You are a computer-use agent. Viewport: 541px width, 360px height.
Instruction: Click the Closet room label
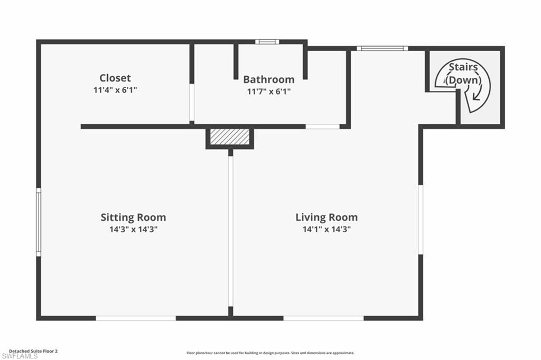[x=115, y=78]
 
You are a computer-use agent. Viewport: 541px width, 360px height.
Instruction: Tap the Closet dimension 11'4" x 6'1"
[x=115, y=90]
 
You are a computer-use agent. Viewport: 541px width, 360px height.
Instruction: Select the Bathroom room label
[x=268, y=80]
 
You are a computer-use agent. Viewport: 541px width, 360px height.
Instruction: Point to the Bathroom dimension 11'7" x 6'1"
[x=268, y=91]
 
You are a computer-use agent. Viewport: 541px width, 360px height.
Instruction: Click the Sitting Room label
[x=133, y=217]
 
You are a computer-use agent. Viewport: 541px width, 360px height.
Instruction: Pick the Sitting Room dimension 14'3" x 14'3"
[x=133, y=229]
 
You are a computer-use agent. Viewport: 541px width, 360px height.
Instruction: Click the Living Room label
[x=326, y=217]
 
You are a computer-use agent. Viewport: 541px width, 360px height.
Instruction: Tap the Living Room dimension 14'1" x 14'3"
[x=326, y=229]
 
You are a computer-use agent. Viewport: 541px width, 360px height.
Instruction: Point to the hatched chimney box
[x=229, y=136]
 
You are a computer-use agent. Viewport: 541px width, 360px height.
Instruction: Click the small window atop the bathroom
[x=266, y=42]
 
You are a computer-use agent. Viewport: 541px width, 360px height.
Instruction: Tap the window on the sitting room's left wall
[x=39, y=223]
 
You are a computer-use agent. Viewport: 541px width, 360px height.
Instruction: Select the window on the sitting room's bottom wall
[x=136, y=318]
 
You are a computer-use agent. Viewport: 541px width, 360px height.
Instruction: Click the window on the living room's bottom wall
[x=323, y=318]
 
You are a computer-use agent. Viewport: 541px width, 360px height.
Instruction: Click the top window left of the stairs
[x=382, y=49]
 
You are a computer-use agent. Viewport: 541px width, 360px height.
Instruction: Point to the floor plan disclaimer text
[x=270, y=353]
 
